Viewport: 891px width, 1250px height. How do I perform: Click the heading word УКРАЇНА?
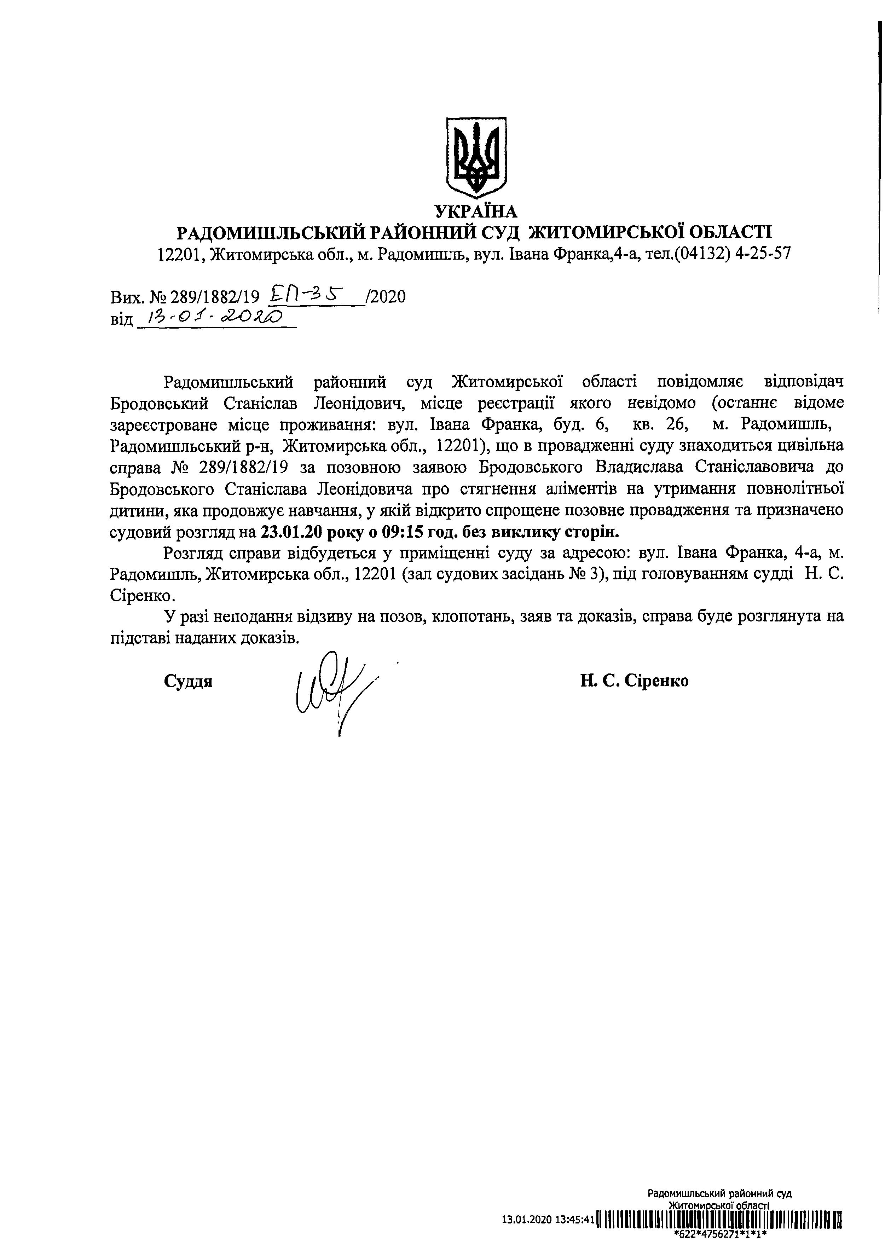point(476,211)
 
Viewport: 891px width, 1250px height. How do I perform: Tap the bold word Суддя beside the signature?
point(188,681)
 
